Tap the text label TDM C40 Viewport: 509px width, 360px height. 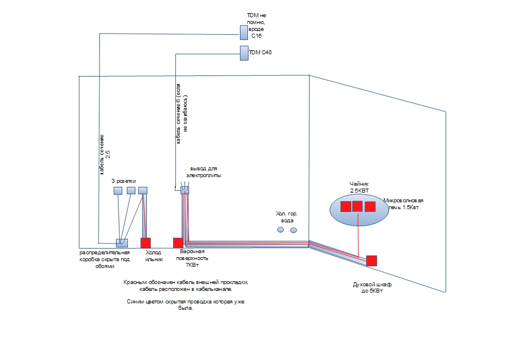[260, 53]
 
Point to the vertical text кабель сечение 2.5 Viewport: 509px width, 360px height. [106, 154]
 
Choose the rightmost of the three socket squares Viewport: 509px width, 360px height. [143, 190]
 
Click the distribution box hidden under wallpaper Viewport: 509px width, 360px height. [122, 243]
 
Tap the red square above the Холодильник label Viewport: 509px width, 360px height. [145, 243]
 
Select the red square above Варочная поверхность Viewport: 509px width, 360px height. [178, 243]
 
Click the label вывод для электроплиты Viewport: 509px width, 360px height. [205, 173]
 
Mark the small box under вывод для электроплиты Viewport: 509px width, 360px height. [184, 190]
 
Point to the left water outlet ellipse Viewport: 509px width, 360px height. [280, 230]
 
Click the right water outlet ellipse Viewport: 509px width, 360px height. [294, 230]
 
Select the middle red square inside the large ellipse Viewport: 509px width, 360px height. [358, 206]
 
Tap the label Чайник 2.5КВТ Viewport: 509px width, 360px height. [359, 187]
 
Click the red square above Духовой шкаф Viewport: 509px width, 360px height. [372, 260]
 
